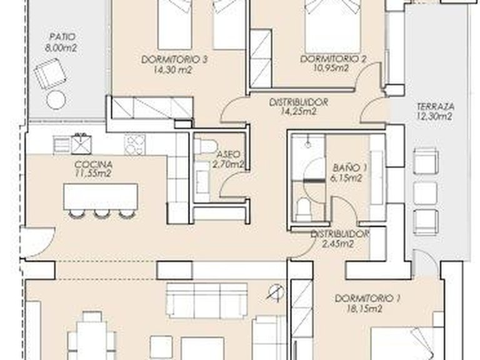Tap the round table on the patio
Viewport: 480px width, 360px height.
(x=56, y=99)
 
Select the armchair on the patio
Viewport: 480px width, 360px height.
(x=50, y=73)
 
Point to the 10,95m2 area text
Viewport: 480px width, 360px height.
(x=332, y=69)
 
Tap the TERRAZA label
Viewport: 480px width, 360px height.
(x=434, y=106)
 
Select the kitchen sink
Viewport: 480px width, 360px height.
(x=82, y=144)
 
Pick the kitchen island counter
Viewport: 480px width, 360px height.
(x=100, y=197)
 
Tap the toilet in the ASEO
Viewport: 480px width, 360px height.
(x=203, y=146)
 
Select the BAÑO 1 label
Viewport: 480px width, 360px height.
(x=349, y=168)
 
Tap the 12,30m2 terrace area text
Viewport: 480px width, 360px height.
(x=434, y=116)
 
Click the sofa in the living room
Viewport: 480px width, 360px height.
(x=206, y=300)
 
